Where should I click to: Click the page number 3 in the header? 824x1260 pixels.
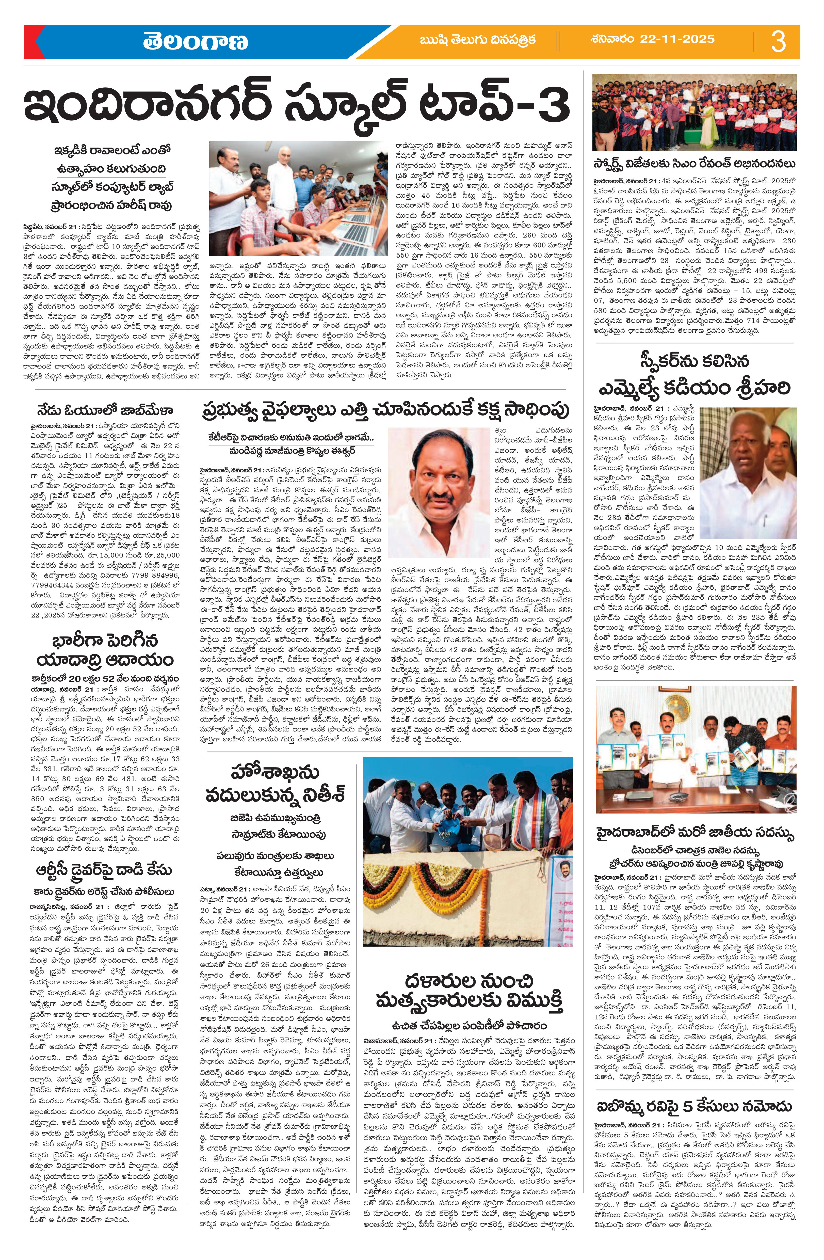(778, 41)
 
